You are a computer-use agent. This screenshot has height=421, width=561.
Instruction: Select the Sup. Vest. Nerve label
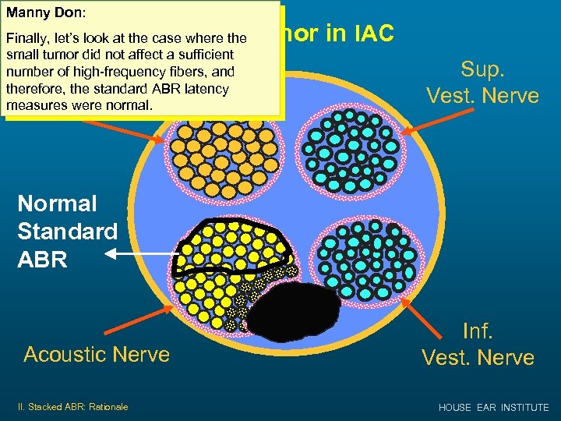click(482, 81)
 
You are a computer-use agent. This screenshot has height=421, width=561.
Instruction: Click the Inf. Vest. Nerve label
click(478, 344)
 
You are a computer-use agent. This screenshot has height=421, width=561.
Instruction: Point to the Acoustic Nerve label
click(97, 354)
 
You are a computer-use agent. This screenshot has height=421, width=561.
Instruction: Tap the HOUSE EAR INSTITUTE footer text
click(493, 407)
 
